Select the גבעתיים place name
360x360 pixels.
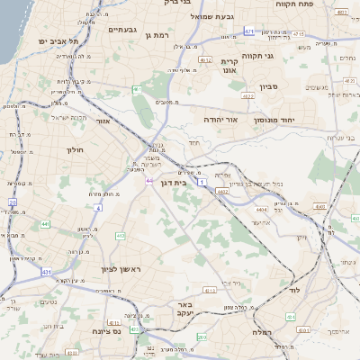tap(121, 30)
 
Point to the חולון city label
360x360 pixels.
tap(75, 149)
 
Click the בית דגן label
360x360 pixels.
tap(178, 182)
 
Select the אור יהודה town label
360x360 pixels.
tap(219, 118)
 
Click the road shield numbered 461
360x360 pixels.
tap(136, 89)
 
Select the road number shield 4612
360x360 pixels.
tap(205, 60)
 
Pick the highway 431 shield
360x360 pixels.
tap(45, 271)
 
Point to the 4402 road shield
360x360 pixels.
tap(222, 191)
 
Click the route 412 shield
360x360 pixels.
tap(120, 236)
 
